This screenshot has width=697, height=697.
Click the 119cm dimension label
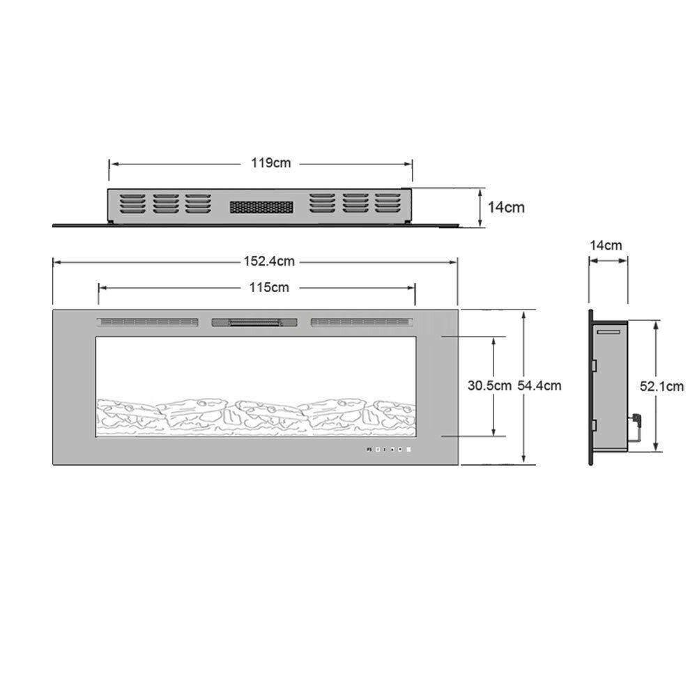click(x=270, y=163)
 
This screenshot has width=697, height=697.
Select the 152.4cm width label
click(x=269, y=261)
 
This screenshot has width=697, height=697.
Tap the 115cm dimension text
click(x=269, y=288)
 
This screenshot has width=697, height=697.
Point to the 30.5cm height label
click(x=489, y=385)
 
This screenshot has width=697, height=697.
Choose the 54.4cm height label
click(x=539, y=385)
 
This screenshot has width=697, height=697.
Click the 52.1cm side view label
click(x=662, y=386)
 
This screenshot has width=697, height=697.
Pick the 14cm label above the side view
click(x=606, y=245)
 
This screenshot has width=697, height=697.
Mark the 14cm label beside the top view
click(x=506, y=207)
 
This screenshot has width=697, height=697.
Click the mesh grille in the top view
click(x=261, y=207)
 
